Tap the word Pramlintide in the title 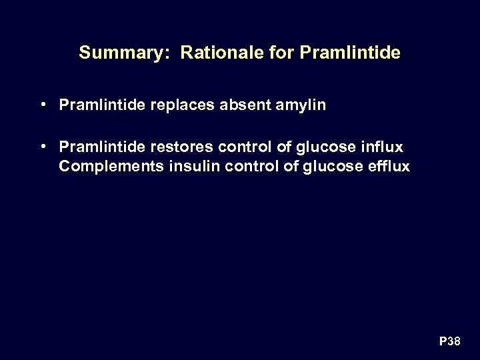[351, 53]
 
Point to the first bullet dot [42, 105]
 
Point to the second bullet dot [42, 145]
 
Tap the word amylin [303, 106]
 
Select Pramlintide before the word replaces [100, 105]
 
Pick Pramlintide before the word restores [100, 146]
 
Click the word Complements [111, 166]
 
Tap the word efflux [388, 166]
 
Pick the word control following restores [246, 146]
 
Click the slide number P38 [449, 342]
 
